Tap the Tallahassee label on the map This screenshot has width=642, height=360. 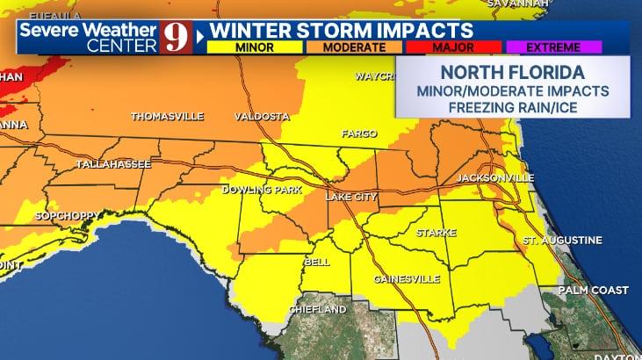click(x=113, y=164)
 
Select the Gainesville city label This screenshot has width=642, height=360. click(x=406, y=279)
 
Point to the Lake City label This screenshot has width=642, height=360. click(x=351, y=197)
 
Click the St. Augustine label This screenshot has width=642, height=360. click(x=562, y=240)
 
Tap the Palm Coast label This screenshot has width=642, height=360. click(x=595, y=290)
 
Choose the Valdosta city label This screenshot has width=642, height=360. click(x=262, y=116)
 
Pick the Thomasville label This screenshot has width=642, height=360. click(x=167, y=116)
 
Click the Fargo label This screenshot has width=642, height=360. click(x=358, y=134)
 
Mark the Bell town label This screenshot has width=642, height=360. click(x=316, y=262)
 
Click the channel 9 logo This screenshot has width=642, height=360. click(x=175, y=36)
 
